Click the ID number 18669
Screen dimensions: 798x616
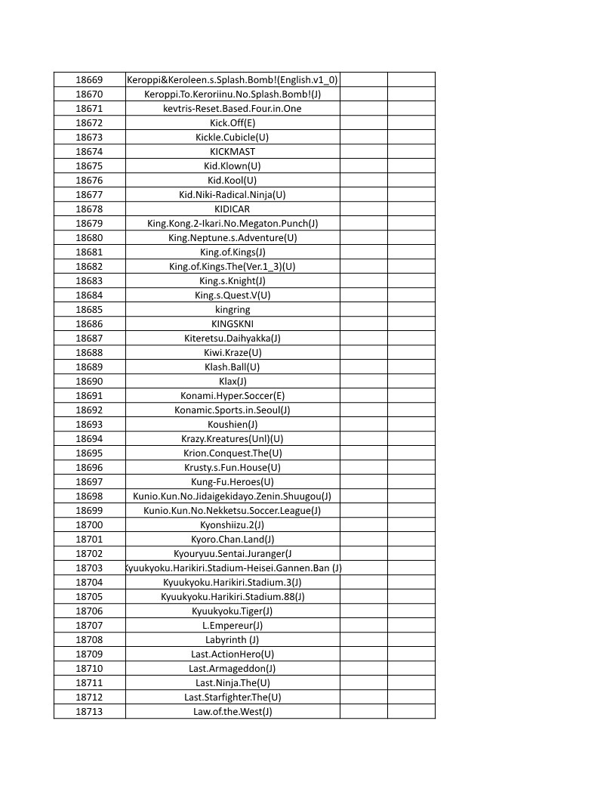click(89, 79)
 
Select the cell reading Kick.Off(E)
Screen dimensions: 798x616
click(233, 122)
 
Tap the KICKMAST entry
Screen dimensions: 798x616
click(233, 151)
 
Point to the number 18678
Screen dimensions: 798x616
click(89, 209)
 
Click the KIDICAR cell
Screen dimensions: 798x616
click(233, 209)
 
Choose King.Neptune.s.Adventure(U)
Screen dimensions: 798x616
click(233, 237)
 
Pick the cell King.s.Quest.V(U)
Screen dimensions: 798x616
click(233, 295)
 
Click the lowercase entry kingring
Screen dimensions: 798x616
click(233, 309)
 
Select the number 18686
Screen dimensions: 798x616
click(89, 323)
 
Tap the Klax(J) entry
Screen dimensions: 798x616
click(233, 381)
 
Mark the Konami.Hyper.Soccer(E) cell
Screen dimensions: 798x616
click(233, 395)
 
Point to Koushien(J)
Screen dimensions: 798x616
click(233, 424)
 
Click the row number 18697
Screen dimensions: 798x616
click(89, 481)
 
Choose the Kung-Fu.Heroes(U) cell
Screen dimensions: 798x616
click(233, 481)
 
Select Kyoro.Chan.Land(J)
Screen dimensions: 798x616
click(233, 539)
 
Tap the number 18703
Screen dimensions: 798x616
click(89, 568)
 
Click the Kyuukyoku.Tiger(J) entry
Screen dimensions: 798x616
click(233, 611)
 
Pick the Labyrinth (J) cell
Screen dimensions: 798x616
click(233, 639)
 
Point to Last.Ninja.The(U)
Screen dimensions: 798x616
click(233, 682)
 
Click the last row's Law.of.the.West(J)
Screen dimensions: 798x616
click(233, 711)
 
